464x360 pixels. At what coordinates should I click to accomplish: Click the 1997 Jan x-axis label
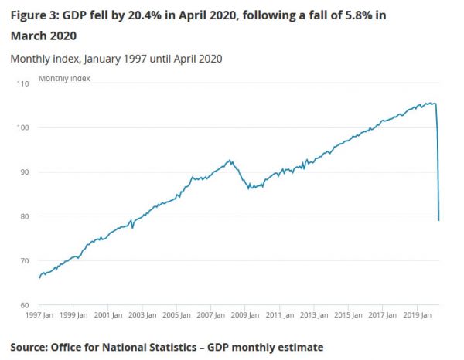point(39,315)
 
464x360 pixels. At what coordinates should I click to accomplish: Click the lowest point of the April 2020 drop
point(439,221)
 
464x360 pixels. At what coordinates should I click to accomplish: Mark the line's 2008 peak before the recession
point(230,160)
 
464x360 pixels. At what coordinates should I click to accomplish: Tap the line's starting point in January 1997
point(39,277)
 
